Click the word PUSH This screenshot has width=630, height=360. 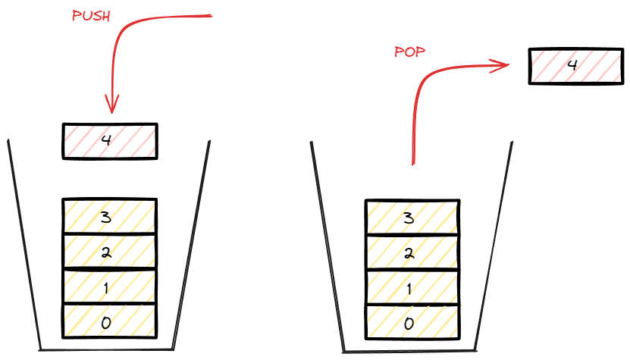coord(90,17)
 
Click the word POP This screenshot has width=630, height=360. coord(409,52)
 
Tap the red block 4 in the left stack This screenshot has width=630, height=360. coord(109,141)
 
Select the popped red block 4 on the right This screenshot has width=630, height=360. coord(572,66)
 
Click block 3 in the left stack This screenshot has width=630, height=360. coord(109,217)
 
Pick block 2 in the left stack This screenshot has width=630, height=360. coord(109,252)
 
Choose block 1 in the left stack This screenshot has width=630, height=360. coord(109,286)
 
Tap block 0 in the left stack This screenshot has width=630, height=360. coord(109,321)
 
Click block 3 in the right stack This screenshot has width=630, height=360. coord(412,218)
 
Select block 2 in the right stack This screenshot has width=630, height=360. coord(412,252)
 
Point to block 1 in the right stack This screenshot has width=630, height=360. coord(412,287)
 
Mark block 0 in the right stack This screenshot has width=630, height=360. coord(412,322)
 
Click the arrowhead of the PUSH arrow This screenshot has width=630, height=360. coord(113,106)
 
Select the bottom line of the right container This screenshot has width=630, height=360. coord(412,351)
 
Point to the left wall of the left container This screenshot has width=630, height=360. coord(24,243)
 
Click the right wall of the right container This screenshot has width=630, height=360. coord(499,243)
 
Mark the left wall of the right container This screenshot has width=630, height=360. coord(327,243)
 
